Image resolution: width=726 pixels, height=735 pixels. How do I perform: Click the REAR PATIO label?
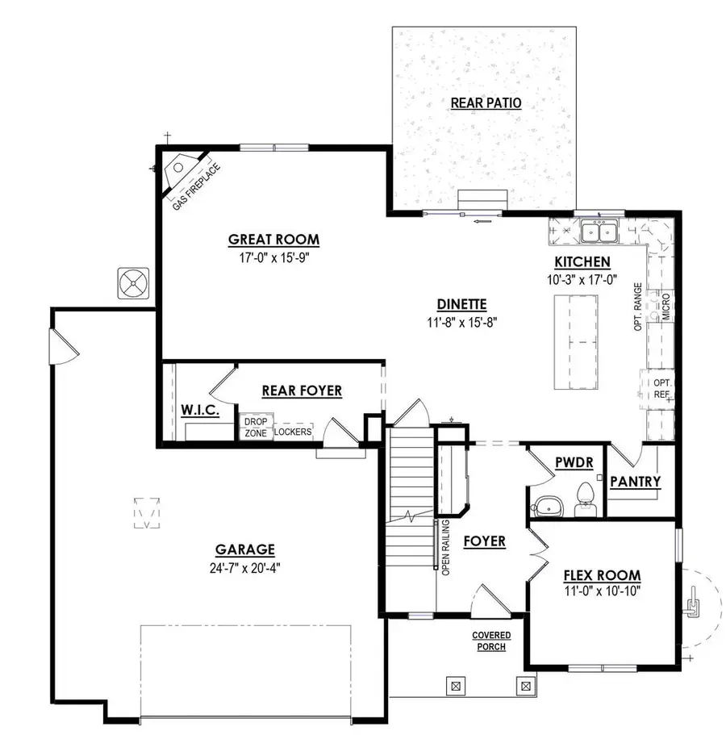pyautogui.click(x=486, y=103)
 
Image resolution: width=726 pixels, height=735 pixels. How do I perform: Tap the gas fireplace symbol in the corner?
pyautogui.click(x=178, y=169)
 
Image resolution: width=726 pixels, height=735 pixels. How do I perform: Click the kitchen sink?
pyautogui.click(x=599, y=232)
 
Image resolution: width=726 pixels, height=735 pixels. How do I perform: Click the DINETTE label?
pyautogui.click(x=461, y=305)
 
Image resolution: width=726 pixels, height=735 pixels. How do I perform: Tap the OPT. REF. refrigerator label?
pyautogui.click(x=662, y=388)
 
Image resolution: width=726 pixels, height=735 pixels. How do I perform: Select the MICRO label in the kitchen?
pyautogui.click(x=666, y=307)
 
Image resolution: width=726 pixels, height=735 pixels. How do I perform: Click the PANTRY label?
pyautogui.click(x=636, y=482)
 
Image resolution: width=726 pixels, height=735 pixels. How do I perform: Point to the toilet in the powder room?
pyautogui.click(x=584, y=501)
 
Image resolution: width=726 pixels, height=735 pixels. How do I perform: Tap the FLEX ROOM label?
pyautogui.click(x=602, y=576)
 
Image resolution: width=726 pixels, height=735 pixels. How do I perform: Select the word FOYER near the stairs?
pyautogui.click(x=485, y=541)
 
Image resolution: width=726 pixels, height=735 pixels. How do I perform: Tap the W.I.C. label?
pyautogui.click(x=201, y=411)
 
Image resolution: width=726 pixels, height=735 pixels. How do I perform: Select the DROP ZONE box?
pyautogui.click(x=255, y=428)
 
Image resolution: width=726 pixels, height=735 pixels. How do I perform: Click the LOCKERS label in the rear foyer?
pyautogui.click(x=292, y=432)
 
